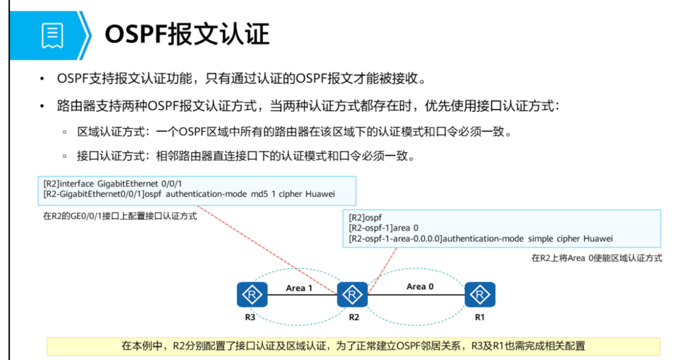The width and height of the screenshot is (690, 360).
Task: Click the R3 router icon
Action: tap(252, 295)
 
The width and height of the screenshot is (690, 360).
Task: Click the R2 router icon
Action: tap(353, 295)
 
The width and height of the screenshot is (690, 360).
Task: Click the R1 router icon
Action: tap(480, 295)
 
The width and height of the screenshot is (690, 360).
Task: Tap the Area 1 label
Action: tap(299, 288)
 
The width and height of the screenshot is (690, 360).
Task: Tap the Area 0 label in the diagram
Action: tap(420, 286)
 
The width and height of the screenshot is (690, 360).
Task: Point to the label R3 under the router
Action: tap(250, 318)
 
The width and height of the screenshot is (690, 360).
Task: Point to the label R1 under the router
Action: tap(479, 318)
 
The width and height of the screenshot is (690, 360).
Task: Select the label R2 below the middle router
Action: tap(354, 318)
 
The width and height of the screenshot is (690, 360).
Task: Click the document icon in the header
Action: tap(52, 35)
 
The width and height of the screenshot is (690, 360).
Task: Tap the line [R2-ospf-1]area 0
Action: tap(383, 228)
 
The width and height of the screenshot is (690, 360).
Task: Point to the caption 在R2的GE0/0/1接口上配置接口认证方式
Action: tap(120, 216)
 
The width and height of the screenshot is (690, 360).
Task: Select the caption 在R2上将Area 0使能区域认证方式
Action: tap(596, 258)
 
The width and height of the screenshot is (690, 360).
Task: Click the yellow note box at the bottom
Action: tap(353, 346)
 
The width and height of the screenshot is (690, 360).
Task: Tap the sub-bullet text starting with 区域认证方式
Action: tap(294, 132)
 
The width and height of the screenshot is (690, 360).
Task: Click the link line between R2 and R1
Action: tap(416, 295)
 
